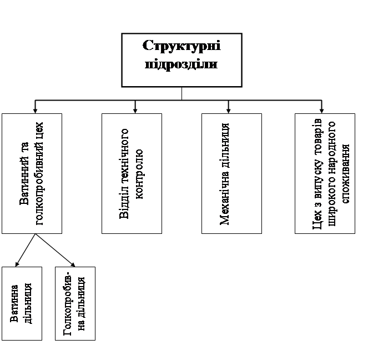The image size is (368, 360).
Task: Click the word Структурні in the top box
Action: tap(182, 46)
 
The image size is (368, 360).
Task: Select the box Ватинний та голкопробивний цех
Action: tap(32, 173)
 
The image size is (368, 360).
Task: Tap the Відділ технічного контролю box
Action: tap(132, 173)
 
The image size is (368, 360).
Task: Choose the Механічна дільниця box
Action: tap(231, 173)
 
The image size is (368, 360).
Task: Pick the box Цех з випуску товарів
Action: tap(325, 173)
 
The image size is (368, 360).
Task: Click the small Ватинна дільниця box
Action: tap(22, 303)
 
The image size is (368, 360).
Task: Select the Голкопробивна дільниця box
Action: tap(75, 303)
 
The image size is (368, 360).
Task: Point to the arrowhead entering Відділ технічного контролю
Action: tap(135, 110)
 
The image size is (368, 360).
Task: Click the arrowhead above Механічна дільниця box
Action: tap(228, 110)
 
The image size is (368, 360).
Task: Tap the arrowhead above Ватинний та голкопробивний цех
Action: tap(36, 110)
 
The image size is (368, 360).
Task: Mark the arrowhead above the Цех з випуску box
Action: tap(321, 110)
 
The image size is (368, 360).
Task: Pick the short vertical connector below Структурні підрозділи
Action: tap(182, 93)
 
